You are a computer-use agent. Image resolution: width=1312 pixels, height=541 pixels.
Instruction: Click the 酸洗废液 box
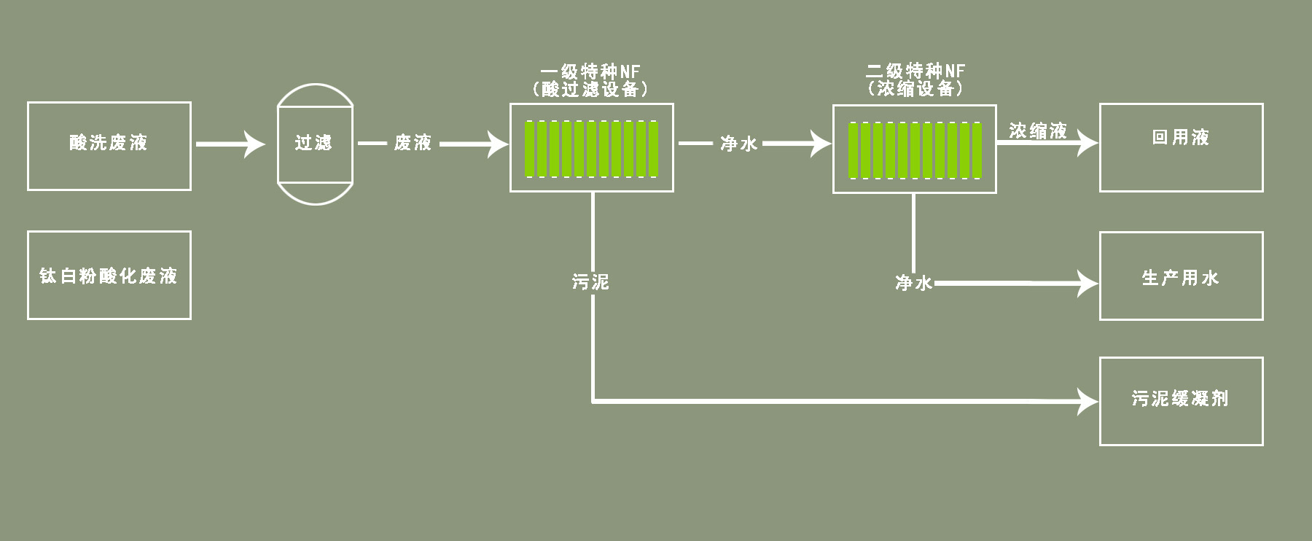[109, 146]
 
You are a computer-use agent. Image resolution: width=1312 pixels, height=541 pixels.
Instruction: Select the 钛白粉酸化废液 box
[109, 276]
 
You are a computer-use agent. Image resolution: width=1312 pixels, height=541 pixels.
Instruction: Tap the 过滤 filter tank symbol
[315, 144]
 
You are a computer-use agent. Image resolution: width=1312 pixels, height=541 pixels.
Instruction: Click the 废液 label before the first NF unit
[413, 143]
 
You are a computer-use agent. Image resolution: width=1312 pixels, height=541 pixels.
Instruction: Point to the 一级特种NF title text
[590, 71]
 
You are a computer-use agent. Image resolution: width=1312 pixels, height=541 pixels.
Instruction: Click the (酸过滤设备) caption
[590, 89]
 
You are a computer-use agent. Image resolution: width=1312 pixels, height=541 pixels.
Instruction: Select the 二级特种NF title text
[915, 71]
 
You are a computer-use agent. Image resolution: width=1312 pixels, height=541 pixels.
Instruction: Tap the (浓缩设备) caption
[915, 88]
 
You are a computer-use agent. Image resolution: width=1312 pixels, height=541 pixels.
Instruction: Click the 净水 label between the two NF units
[738, 144]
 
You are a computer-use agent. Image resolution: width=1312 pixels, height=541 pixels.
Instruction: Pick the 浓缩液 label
[1038, 131]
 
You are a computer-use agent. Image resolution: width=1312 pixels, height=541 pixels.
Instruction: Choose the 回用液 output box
[1181, 147]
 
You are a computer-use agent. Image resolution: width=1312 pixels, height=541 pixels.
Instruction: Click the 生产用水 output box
[1181, 276]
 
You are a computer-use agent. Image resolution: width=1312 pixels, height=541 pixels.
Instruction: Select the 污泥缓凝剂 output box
[1181, 401]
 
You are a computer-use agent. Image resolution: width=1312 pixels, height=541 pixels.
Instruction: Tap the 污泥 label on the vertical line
[590, 281]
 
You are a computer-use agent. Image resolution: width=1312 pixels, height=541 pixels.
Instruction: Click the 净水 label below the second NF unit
[913, 283]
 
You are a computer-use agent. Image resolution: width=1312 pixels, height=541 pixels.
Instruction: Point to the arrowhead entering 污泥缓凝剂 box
[1090, 401]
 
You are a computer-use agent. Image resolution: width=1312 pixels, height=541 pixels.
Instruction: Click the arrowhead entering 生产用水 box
[1090, 283]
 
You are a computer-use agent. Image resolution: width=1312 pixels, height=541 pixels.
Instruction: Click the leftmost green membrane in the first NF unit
[530, 149]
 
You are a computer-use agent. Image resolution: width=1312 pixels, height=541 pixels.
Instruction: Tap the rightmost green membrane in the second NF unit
[977, 150]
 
